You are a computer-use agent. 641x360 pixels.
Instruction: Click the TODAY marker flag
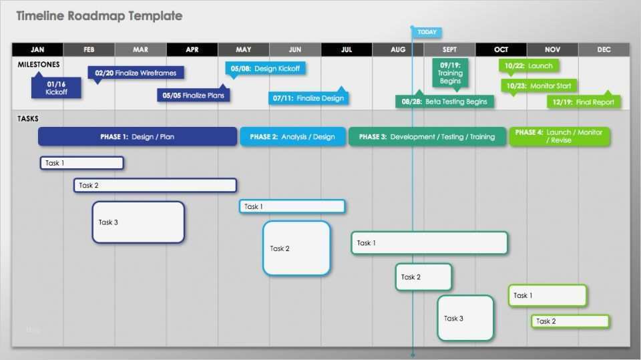click(x=427, y=32)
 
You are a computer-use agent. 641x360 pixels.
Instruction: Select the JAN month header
click(x=37, y=49)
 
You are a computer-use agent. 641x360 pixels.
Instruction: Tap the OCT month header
click(x=501, y=49)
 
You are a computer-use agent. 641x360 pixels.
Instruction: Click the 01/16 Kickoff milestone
click(x=56, y=88)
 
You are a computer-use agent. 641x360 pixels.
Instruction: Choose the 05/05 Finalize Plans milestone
click(x=194, y=95)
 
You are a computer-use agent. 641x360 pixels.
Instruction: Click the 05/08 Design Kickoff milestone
click(x=265, y=68)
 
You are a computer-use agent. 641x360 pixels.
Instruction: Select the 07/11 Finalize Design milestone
click(x=308, y=98)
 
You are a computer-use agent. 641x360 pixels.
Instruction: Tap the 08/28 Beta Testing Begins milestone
click(x=445, y=102)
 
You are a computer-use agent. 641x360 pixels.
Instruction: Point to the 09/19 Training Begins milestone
click(x=450, y=73)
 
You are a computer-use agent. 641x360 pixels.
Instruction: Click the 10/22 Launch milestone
click(x=529, y=66)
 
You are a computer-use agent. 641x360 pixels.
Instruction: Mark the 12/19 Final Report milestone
click(x=584, y=102)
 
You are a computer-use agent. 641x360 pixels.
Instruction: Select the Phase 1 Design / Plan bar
click(x=138, y=137)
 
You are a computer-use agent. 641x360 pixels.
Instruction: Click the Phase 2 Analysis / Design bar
click(x=292, y=137)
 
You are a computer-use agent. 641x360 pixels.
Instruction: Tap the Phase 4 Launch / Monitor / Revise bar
click(x=559, y=136)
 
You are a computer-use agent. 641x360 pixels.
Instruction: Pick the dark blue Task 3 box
click(x=138, y=222)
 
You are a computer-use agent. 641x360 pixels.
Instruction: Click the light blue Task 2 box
click(x=296, y=248)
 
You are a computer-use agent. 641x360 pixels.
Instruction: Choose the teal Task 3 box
click(x=465, y=318)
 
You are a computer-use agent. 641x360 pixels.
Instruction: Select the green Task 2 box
click(x=570, y=321)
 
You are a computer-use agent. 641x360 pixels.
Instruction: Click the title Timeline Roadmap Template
click(x=99, y=16)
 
